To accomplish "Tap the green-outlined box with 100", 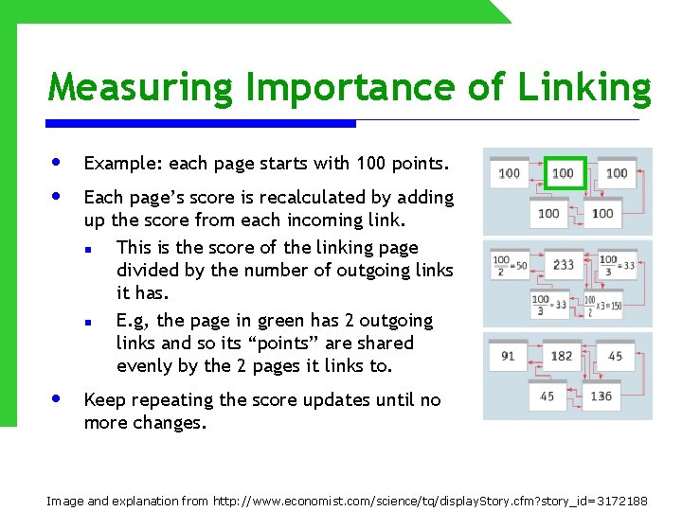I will click(x=564, y=173).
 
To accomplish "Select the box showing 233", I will click(x=564, y=265).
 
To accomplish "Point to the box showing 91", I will click(x=509, y=356).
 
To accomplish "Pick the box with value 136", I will click(x=602, y=396).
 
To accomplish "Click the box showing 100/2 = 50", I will click(x=510, y=265).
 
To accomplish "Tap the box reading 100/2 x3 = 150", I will click(x=603, y=305).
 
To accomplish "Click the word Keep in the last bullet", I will click(x=104, y=400).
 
